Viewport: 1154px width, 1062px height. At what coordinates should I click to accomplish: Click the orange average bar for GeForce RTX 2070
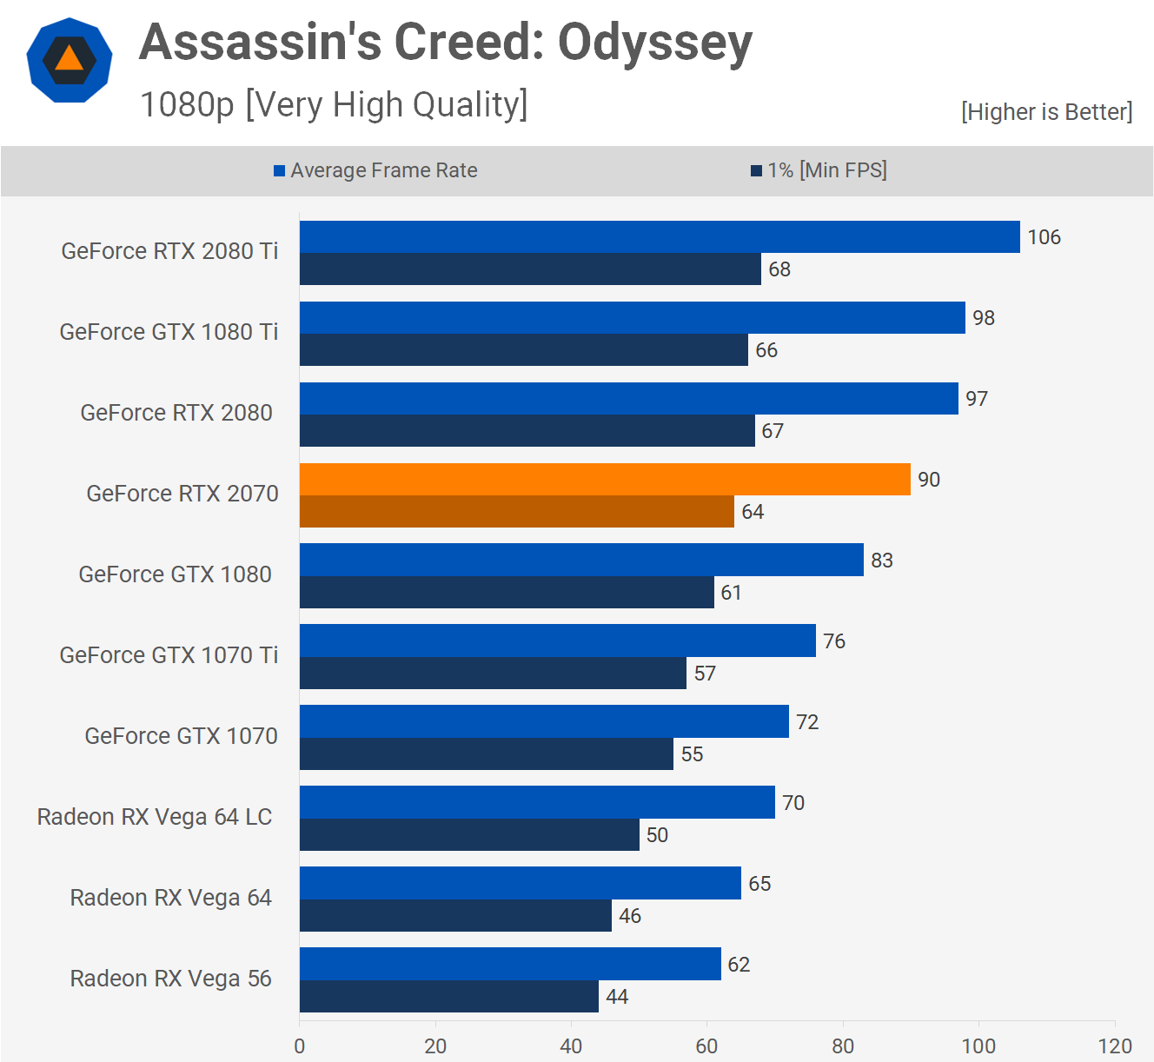coord(605,480)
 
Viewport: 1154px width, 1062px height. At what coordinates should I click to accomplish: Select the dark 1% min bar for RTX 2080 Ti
coord(530,269)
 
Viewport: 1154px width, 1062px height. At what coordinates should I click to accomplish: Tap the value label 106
coord(1044,237)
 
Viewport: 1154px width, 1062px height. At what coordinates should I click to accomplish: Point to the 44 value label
coord(617,997)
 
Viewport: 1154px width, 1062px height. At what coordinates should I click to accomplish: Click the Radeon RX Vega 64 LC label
coord(155,817)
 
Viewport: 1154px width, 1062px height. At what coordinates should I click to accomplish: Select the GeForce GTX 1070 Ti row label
coord(169,655)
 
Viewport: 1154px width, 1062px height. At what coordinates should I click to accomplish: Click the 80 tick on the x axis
coord(843,1045)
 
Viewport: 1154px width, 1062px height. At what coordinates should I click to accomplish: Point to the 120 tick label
coord(1115,1045)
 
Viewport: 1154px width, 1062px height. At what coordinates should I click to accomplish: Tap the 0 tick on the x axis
coord(300,1045)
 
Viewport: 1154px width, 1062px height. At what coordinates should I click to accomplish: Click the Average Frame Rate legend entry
coord(375,170)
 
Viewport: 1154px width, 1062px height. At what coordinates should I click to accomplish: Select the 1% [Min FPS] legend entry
coord(819,170)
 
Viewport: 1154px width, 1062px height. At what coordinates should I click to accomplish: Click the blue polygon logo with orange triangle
coord(70,60)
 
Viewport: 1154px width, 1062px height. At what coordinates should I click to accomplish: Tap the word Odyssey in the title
coord(654,43)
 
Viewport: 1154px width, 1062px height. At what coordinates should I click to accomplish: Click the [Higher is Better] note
coord(1046,112)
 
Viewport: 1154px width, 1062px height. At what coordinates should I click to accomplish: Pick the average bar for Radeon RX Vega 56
coord(510,964)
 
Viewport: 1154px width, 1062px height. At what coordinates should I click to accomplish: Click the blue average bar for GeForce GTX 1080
coord(581,560)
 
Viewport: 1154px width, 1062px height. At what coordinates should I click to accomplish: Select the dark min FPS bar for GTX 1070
coord(487,754)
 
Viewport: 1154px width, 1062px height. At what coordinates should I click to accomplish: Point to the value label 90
coord(929,480)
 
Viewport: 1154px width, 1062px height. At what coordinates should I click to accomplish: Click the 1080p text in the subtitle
coord(187,105)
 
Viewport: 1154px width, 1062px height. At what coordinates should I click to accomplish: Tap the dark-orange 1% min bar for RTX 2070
coord(517,512)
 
